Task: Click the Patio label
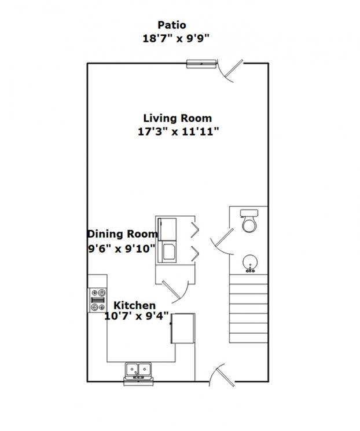[x=172, y=25]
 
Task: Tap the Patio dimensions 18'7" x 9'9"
[x=176, y=38]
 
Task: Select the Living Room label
[x=178, y=118]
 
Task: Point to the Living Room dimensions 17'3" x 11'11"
[x=178, y=132]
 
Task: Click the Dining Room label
[x=123, y=234]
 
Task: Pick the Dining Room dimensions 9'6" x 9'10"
[x=122, y=249]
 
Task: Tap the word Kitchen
[x=134, y=305]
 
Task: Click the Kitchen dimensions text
[x=137, y=316]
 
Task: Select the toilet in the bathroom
[x=249, y=221]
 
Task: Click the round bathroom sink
[x=250, y=264]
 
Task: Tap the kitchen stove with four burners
[x=97, y=300]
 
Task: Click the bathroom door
[x=222, y=242]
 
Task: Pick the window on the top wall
[x=201, y=64]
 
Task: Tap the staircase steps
[x=248, y=308]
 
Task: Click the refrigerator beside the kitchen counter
[x=183, y=328]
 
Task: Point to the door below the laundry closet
[x=175, y=291]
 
